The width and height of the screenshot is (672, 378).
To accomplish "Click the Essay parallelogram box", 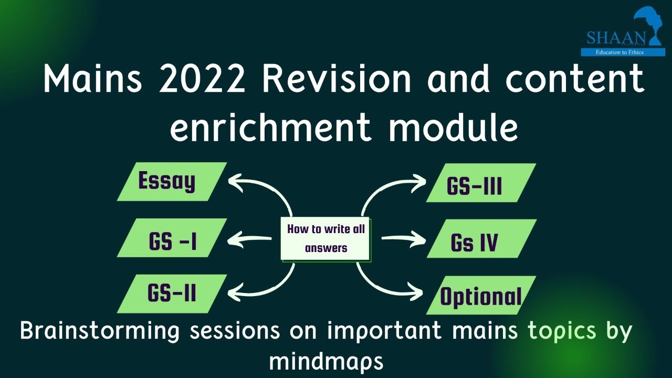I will [x=171, y=182].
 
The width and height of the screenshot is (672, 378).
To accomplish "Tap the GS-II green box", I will [x=172, y=293].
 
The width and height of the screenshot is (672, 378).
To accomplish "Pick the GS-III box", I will [x=480, y=183].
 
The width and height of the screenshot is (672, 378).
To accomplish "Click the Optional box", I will [x=480, y=295].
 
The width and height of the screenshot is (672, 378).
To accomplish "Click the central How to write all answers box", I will [x=325, y=239].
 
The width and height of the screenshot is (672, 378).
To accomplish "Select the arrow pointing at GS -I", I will [x=249, y=240].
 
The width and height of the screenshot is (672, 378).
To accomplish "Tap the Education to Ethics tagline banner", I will [x=623, y=52].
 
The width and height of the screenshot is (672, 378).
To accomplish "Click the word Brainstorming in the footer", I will [x=100, y=331].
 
